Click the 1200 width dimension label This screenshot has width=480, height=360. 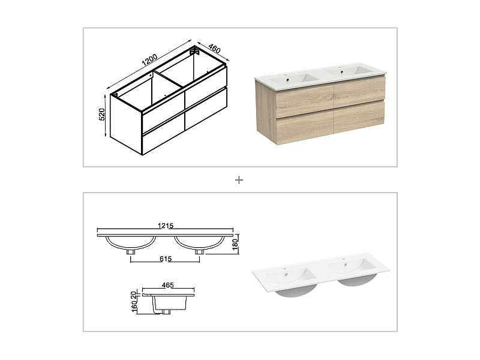click(x=150, y=61)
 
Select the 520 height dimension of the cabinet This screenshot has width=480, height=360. click(x=103, y=114)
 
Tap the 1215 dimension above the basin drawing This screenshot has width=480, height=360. click(x=166, y=226)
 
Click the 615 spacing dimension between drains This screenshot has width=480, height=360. click(x=166, y=259)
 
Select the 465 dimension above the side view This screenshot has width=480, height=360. click(x=167, y=286)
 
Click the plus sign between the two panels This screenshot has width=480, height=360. click(x=239, y=179)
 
